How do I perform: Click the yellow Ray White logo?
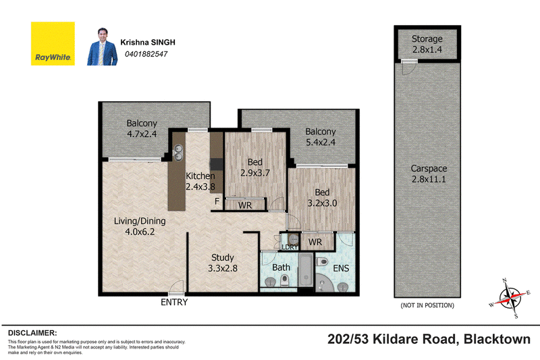point(53,44)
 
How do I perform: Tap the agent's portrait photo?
point(103,47)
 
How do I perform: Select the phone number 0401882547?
point(146,54)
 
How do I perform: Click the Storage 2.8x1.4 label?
point(427,44)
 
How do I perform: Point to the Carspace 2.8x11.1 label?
point(429,174)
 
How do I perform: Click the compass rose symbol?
point(510,298)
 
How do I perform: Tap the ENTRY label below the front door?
point(174,302)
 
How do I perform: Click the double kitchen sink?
point(178,153)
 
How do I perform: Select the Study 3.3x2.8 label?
point(223,263)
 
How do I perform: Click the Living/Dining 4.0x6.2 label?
point(140,226)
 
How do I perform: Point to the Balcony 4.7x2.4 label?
point(142,128)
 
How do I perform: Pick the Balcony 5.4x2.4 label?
point(321,136)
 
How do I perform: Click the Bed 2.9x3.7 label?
point(255,168)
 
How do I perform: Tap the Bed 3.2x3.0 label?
point(323,198)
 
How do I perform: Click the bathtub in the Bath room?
point(306,270)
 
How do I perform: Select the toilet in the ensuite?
point(322,262)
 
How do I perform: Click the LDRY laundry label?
point(290,247)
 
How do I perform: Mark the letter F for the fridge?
point(217,201)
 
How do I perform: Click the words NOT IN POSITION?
point(427,305)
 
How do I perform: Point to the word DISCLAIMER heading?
point(32,333)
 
